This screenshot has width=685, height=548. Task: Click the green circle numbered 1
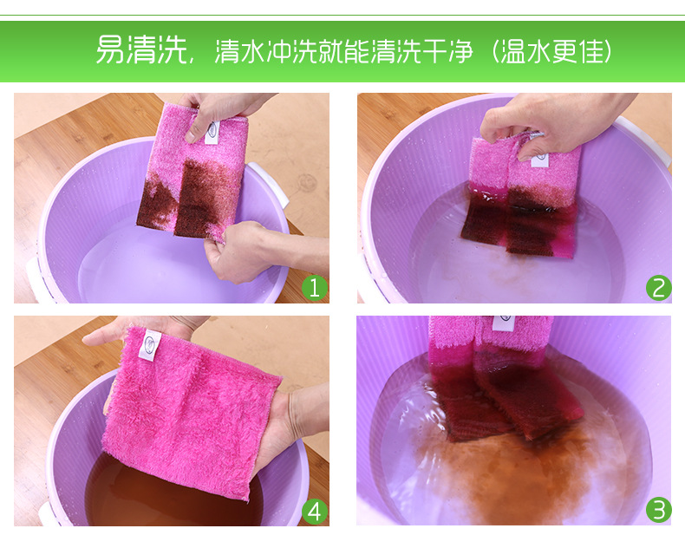point(315,288)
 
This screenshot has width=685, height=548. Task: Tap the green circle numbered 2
point(659,288)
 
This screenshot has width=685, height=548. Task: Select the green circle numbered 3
point(659,510)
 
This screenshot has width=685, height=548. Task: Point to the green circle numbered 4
point(315,511)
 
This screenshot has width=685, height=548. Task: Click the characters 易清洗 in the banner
point(140,50)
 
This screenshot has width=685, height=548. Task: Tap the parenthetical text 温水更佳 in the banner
point(551,51)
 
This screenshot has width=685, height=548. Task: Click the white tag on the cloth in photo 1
point(212,133)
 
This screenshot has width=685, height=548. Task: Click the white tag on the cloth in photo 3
point(504,323)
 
